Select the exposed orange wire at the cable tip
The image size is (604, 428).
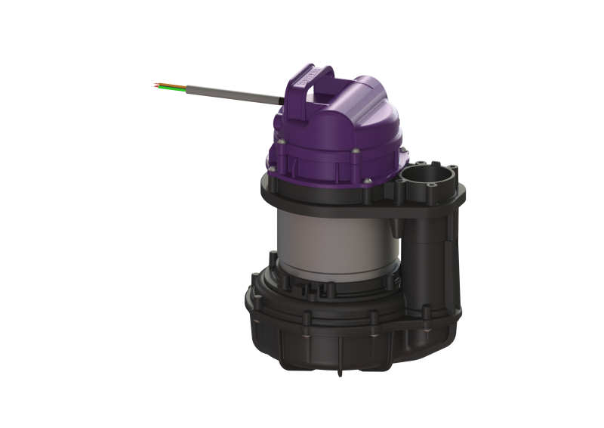(x=161, y=83)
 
